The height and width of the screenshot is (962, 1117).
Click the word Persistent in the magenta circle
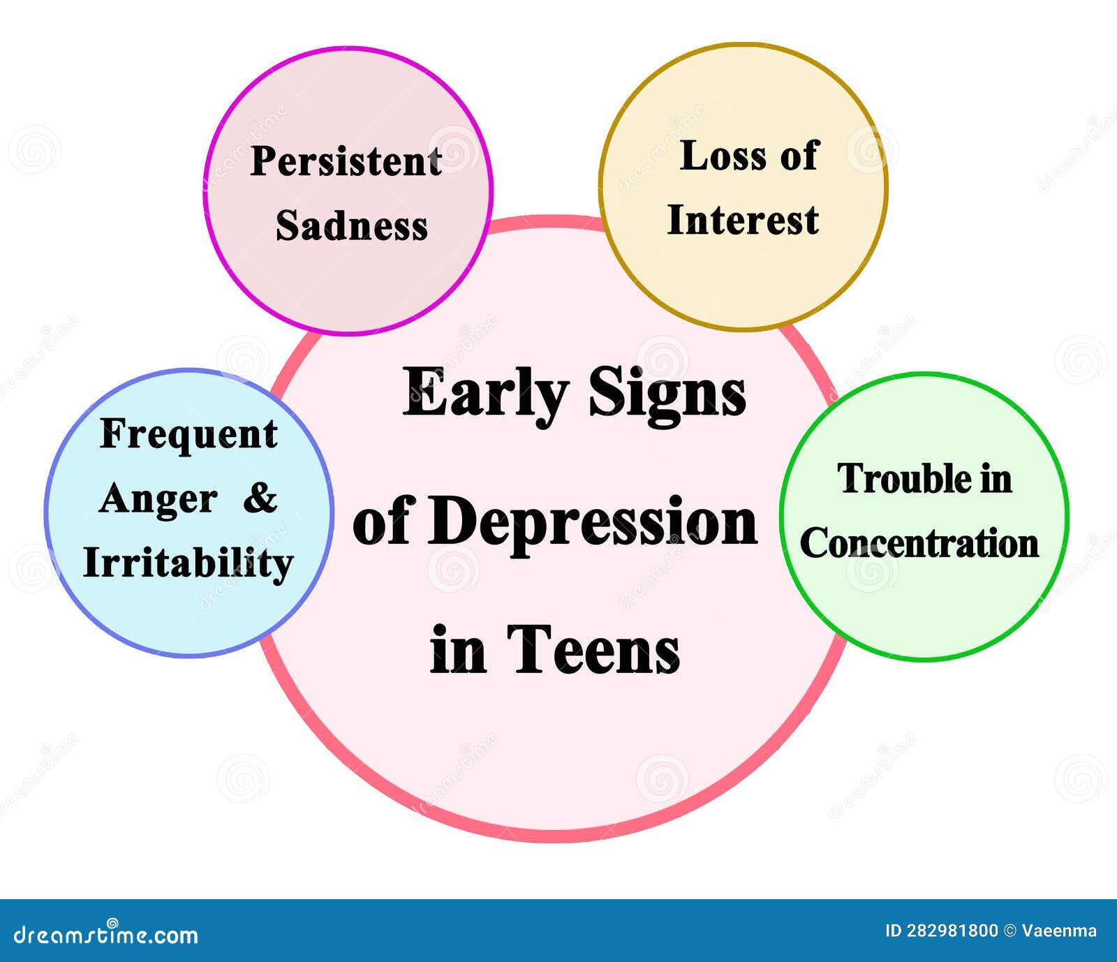346,162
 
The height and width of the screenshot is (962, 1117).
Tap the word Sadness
352,226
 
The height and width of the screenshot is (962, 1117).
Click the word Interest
743,220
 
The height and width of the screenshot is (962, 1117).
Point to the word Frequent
188,434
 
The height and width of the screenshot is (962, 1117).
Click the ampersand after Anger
260,498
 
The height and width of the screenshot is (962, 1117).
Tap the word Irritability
188,563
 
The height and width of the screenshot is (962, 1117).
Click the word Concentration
919,543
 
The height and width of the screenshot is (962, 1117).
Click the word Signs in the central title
667,392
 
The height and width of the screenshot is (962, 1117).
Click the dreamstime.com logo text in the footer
106,934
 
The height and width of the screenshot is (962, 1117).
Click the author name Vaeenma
1059,931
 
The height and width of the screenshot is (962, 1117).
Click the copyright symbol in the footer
1009,931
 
